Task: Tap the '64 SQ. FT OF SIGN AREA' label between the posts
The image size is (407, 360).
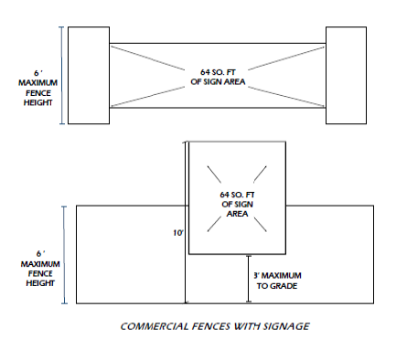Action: (x=218, y=77)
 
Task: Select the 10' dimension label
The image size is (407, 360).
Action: (x=178, y=233)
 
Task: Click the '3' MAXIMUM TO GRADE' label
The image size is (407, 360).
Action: (x=277, y=281)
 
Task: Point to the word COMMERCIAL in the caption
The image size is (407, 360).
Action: (x=155, y=326)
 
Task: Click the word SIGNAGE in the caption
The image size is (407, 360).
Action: (x=286, y=326)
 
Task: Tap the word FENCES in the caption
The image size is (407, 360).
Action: (x=211, y=326)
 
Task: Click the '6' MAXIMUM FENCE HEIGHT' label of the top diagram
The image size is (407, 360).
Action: (x=37, y=88)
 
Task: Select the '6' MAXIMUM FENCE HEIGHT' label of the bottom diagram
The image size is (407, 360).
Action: (x=40, y=269)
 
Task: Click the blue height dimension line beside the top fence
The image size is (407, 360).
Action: (x=62, y=75)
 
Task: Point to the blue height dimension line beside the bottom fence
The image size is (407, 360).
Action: (x=64, y=255)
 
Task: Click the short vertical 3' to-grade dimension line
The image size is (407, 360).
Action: (x=249, y=279)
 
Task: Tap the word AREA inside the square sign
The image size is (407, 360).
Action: (x=237, y=214)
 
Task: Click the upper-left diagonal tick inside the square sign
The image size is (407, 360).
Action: (x=214, y=175)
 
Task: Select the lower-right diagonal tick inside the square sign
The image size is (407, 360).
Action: (x=260, y=225)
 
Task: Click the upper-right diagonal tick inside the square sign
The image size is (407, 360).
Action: (x=260, y=174)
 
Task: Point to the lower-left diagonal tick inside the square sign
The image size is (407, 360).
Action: (x=214, y=224)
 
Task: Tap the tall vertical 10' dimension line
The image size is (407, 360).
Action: (x=185, y=222)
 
